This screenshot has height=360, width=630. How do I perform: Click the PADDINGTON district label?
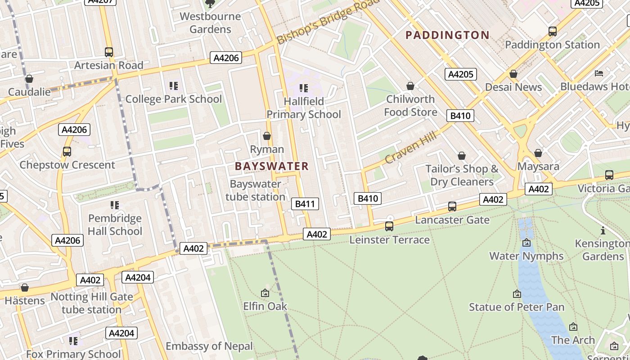tap(447, 35)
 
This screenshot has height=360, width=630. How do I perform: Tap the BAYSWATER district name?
tap(272, 166)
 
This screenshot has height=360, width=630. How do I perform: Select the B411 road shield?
tap(305, 204)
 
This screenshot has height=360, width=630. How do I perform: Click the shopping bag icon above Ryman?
tap(267, 136)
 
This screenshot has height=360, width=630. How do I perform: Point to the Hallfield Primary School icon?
tap(304, 88)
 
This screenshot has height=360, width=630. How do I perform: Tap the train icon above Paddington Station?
tap(552, 31)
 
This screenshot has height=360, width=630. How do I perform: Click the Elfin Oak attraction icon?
tap(265, 293)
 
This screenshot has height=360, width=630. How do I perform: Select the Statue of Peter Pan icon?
tap(517, 294)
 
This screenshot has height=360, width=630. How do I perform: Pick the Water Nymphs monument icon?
tap(526, 243)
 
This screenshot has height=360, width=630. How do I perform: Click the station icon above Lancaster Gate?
tap(452, 207)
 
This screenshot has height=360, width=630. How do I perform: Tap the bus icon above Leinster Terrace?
tap(389, 226)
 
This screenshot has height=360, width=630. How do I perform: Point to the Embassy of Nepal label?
tap(209, 346)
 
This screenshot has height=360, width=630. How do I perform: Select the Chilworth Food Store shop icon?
tap(410, 85)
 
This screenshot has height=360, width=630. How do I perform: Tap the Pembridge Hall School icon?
tap(115, 205)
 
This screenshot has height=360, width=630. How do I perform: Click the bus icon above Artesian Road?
tap(108, 52)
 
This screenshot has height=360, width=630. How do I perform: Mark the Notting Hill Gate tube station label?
tap(92, 303)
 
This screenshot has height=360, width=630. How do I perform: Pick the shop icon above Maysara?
tap(538, 153)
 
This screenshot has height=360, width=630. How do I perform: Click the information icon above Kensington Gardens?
tap(603, 231)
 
